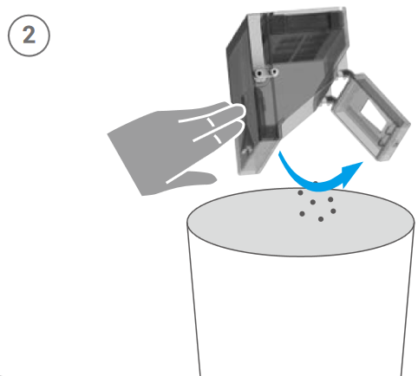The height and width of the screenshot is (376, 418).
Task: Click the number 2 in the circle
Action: pos(29,35)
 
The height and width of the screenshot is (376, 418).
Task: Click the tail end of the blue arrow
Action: pos(280,153)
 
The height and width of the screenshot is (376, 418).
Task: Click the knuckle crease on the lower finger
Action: pos(217,139)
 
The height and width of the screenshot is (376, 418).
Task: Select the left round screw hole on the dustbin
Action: pos(259,74)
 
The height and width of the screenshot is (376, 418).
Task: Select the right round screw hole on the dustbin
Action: pos(274,72)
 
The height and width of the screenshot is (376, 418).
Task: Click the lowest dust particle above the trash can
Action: pos(321,219)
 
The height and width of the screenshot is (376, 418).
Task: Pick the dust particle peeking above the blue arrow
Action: pos(316,183)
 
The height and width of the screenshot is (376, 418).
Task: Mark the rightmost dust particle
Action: pos(333,211)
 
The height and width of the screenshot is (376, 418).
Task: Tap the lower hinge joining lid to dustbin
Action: pos(329,100)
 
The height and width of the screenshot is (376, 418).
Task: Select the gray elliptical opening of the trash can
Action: pos(301,222)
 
